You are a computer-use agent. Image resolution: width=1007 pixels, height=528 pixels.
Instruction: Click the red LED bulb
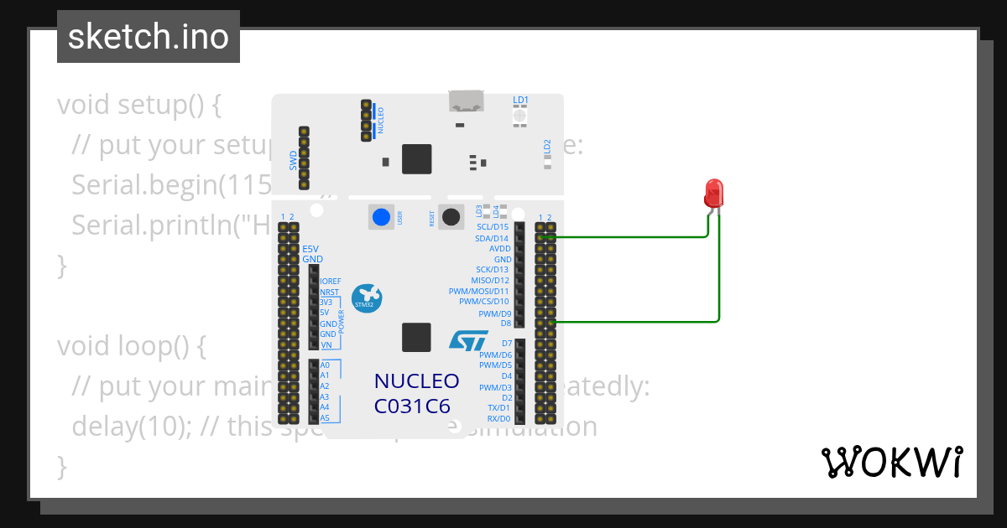coord(714,193)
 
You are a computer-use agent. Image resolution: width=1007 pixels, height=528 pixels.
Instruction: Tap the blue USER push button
coord(381,217)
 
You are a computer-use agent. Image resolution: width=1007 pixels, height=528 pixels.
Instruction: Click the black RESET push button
coord(451,217)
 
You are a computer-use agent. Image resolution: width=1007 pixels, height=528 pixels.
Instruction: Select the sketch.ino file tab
coord(149,38)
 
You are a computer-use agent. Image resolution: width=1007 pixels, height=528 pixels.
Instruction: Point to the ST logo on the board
coord(468,339)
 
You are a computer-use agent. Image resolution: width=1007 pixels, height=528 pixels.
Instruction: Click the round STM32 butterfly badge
coord(367,297)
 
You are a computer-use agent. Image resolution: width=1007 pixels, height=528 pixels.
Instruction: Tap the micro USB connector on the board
coord(467,101)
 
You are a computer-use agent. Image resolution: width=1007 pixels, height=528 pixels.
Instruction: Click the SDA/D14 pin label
coord(493,238)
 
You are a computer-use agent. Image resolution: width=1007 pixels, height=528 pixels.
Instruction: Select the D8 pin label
coord(505,324)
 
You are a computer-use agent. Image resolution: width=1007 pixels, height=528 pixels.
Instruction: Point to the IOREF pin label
coord(330,282)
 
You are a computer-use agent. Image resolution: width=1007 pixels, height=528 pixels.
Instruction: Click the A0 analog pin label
coord(325,365)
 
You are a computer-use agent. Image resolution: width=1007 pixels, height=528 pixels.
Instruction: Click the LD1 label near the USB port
coord(520,101)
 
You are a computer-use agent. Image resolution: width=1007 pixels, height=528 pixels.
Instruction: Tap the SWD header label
coord(294,159)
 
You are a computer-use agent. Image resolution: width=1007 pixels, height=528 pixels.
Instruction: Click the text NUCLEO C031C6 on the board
coord(416,393)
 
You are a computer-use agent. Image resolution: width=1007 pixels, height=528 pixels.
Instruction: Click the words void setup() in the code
coord(138,106)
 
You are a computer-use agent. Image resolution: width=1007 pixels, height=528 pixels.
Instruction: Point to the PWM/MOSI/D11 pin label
coord(479,292)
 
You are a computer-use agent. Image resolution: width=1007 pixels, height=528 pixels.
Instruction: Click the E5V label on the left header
coord(310,249)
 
